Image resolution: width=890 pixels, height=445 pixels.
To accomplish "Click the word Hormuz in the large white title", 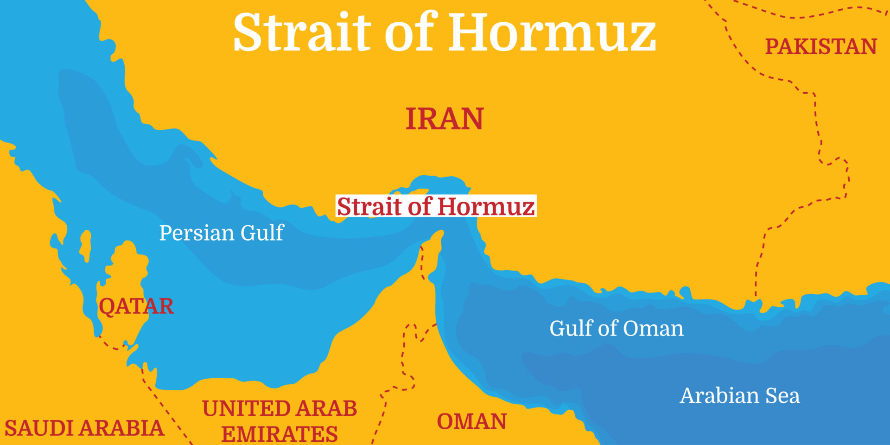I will click(552, 32).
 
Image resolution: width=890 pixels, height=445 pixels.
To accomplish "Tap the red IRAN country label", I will click(444, 119).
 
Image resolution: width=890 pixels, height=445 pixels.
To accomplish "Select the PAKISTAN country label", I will click(820, 47).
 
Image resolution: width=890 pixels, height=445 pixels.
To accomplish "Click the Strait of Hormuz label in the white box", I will click(436, 206).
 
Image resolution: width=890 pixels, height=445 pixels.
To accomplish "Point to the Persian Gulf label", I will click(221, 233).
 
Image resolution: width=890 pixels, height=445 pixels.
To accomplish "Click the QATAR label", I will click(136, 306).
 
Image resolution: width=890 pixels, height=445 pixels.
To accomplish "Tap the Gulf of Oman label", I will click(616, 329).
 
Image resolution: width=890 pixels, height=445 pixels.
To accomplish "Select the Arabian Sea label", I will click(739, 396).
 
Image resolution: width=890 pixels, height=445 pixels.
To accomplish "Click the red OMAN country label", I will click(471, 422).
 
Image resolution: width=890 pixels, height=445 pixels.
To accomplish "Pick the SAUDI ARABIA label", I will click(84, 428).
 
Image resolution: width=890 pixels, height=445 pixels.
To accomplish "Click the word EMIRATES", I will click(279, 434).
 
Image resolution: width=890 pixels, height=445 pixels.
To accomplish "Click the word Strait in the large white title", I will click(302, 32).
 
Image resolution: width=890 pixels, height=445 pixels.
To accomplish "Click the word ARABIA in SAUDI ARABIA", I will click(126, 428).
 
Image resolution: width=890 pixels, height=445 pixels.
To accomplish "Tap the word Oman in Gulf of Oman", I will click(653, 329).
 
